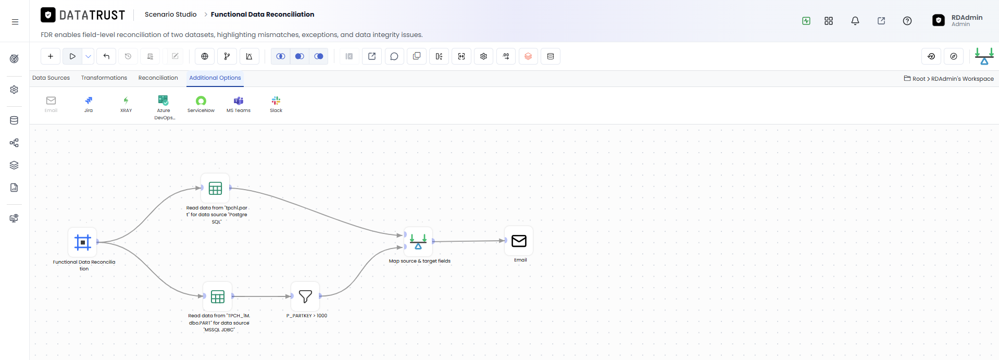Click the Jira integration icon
coord(89,101)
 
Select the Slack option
coord(276,101)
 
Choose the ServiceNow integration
coord(201,101)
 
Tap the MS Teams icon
coord(239,101)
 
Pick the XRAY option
coord(126,101)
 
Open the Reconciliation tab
coord(158,78)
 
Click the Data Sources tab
coord(51,78)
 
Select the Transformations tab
coord(104,78)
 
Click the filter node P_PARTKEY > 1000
coord(305,296)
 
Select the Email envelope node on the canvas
coord(519,241)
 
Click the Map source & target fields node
coord(418,241)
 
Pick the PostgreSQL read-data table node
coord(215,188)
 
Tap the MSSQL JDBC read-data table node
coord(218,297)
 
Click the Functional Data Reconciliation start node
coord(83,242)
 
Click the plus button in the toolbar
coord(51,56)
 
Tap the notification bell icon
coord(855,21)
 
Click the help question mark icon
coord(907,21)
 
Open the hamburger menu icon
coord(15,22)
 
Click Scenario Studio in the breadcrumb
coord(171,15)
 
